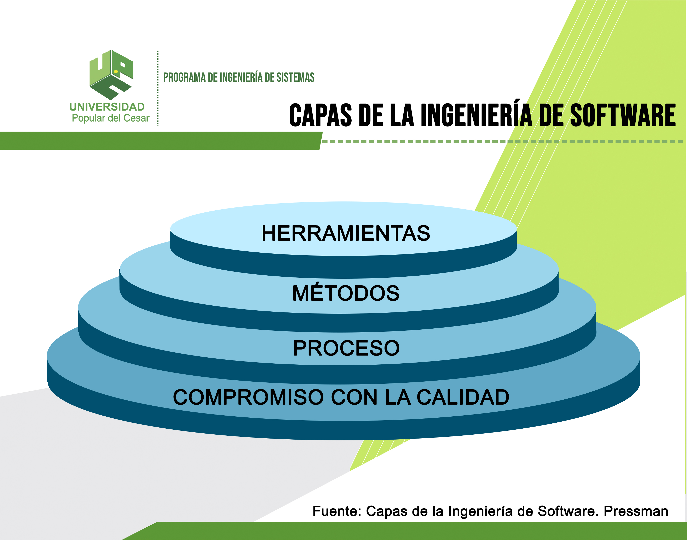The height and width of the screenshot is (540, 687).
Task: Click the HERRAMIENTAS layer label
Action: [346, 233]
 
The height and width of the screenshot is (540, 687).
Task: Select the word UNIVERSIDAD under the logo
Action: [107, 107]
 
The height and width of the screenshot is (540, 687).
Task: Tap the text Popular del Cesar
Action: [110, 118]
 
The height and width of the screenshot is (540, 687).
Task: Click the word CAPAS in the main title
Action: [320, 115]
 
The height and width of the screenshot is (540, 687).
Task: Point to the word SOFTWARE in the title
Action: [623, 115]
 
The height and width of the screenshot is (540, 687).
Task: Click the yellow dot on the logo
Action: [116, 72]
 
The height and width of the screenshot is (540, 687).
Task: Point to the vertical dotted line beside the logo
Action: [157, 89]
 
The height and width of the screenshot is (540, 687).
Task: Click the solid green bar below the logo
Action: [158, 141]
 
